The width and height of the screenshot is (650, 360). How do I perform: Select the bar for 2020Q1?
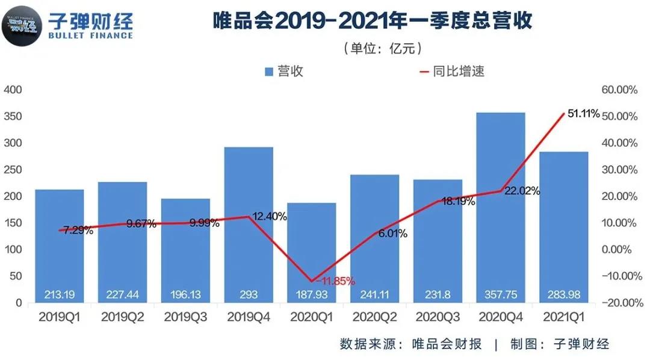pyautogui.click(x=311, y=247)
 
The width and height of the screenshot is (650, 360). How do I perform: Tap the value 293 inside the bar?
pyautogui.click(x=248, y=294)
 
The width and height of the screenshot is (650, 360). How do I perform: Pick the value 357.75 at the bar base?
pyautogui.click(x=500, y=294)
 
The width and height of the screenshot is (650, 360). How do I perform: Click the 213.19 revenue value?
pyautogui.click(x=59, y=294)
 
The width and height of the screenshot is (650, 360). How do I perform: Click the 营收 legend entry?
pyautogui.click(x=283, y=71)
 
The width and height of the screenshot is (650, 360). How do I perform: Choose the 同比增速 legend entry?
pyautogui.click(x=451, y=71)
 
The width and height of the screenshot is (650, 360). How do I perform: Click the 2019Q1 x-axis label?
pyautogui.click(x=59, y=317)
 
